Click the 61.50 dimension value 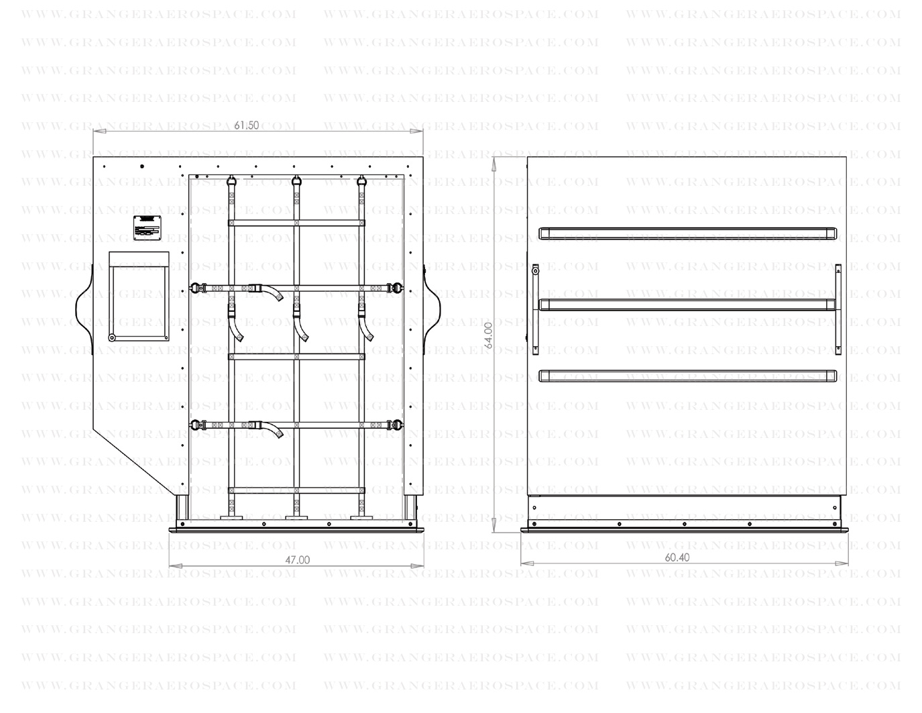tap(247, 125)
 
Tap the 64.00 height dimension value tap(489, 335)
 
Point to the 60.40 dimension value tap(677, 557)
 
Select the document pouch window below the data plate tap(139, 297)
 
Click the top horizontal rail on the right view tap(688, 233)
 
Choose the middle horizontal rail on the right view tap(688, 305)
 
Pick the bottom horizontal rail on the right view tap(688, 376)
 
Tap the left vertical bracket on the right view tap(535, 309)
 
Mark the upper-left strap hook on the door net tap(196, 288)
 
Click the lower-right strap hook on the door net tap(400, 424)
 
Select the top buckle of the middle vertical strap tap(296, 180)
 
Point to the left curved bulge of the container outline tap(82, 309)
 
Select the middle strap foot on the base tap(296, 517)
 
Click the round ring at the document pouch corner tap(112, 337)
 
